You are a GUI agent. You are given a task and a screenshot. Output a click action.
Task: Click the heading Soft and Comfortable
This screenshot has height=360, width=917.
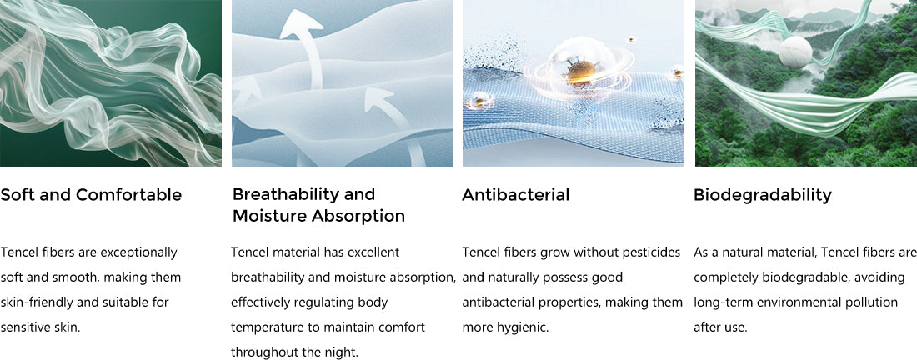click(91, 195)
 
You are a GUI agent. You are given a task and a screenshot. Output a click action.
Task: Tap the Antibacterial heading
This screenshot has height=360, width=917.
click(515, 195)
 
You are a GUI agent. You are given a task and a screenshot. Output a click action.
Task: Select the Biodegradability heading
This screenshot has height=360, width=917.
click(763, 195)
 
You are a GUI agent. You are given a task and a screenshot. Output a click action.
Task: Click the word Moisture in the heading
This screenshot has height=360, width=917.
click(269, 216)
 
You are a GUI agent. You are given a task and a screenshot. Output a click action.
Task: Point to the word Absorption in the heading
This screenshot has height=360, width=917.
click(358, 217)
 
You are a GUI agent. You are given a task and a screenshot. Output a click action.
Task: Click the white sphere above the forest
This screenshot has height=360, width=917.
click(794, 52)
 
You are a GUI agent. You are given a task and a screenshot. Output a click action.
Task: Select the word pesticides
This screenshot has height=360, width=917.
click(650, 253)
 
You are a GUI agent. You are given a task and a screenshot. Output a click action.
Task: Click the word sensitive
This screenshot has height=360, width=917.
click(25, 327)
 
